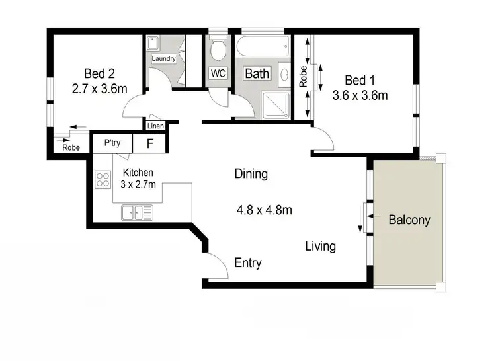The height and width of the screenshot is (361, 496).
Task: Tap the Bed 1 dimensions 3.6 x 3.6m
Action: pyautogui.click(x=360, y=95)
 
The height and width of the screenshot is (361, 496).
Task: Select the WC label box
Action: pyautogui.click(x=218, y=73)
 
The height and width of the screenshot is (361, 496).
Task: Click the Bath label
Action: pyautogui.click(x=257, y=73)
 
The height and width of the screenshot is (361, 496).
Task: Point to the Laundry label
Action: pyautogui.click(x=163, y=58)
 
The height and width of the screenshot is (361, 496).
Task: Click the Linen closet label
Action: pyautogui.click(x=155, y=126)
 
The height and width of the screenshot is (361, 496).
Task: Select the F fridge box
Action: pyautogui.click(x=150, y=143)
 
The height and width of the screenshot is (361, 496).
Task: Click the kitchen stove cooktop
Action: pyautogui.click(x=103, y=179)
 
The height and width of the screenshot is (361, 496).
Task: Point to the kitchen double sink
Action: pyautogui.click(x=137, y=212)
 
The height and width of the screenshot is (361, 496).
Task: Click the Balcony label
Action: pyautogui.click(x=409, y=220)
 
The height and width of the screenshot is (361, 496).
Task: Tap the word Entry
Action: pyautogui.click(x=248, y=263)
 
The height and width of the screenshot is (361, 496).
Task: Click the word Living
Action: pyautogui.click(x=320, y=247)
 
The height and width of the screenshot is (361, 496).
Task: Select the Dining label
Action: pyautogui.click(x=251, y=175)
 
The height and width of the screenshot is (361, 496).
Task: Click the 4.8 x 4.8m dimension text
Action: pyautogui.click(x=265, y=211)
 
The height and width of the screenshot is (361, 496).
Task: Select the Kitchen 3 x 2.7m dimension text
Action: pyautogui.click(x=138, y=184)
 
